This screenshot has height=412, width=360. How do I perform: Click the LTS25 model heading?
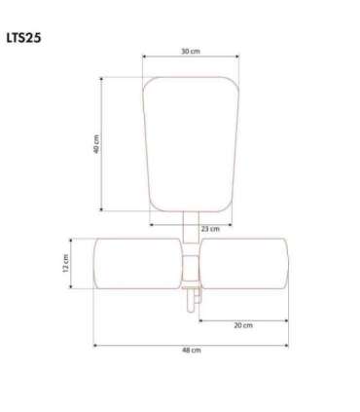coord(23,38)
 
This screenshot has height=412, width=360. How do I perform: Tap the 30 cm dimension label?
coord(191,52)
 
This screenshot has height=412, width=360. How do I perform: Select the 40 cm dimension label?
coord(96,144)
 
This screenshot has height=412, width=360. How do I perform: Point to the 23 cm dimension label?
coord(210,229)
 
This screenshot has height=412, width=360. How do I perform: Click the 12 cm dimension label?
coord(65,263)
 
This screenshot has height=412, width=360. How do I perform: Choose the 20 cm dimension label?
coord(243,325)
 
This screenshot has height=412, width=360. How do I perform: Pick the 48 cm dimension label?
coord(192,350)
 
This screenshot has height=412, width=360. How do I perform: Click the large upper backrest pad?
coord(191,144)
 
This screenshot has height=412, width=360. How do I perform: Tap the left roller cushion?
coord(137,263)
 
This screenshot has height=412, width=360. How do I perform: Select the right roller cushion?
coord(244,263)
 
